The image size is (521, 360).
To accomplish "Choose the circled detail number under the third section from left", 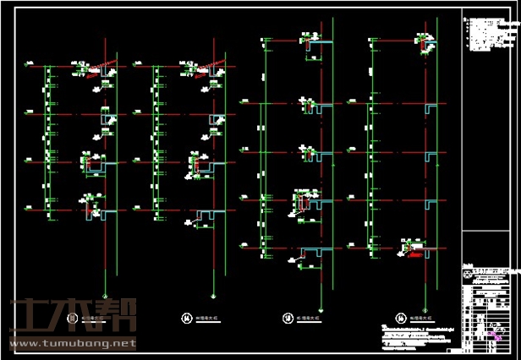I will (x=287, y=318).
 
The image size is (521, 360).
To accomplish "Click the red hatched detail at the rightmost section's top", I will (x=422, y=39).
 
